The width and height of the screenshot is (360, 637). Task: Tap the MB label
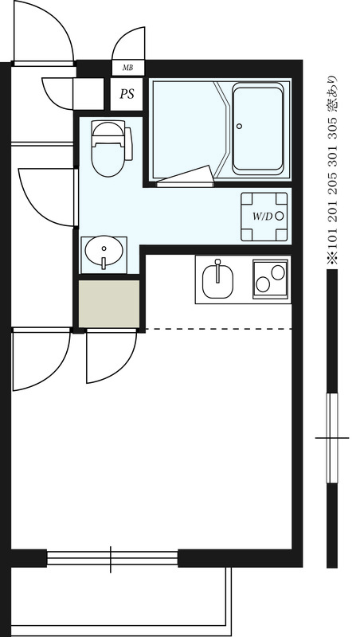point(127,68)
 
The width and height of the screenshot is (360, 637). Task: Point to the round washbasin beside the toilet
point(103,254)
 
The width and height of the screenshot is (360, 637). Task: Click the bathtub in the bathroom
point(257,131)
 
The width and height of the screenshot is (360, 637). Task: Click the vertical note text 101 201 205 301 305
point(332,171)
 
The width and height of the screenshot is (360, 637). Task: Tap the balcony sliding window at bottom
point(112,558)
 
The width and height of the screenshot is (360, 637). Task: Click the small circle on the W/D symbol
point(279,216)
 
